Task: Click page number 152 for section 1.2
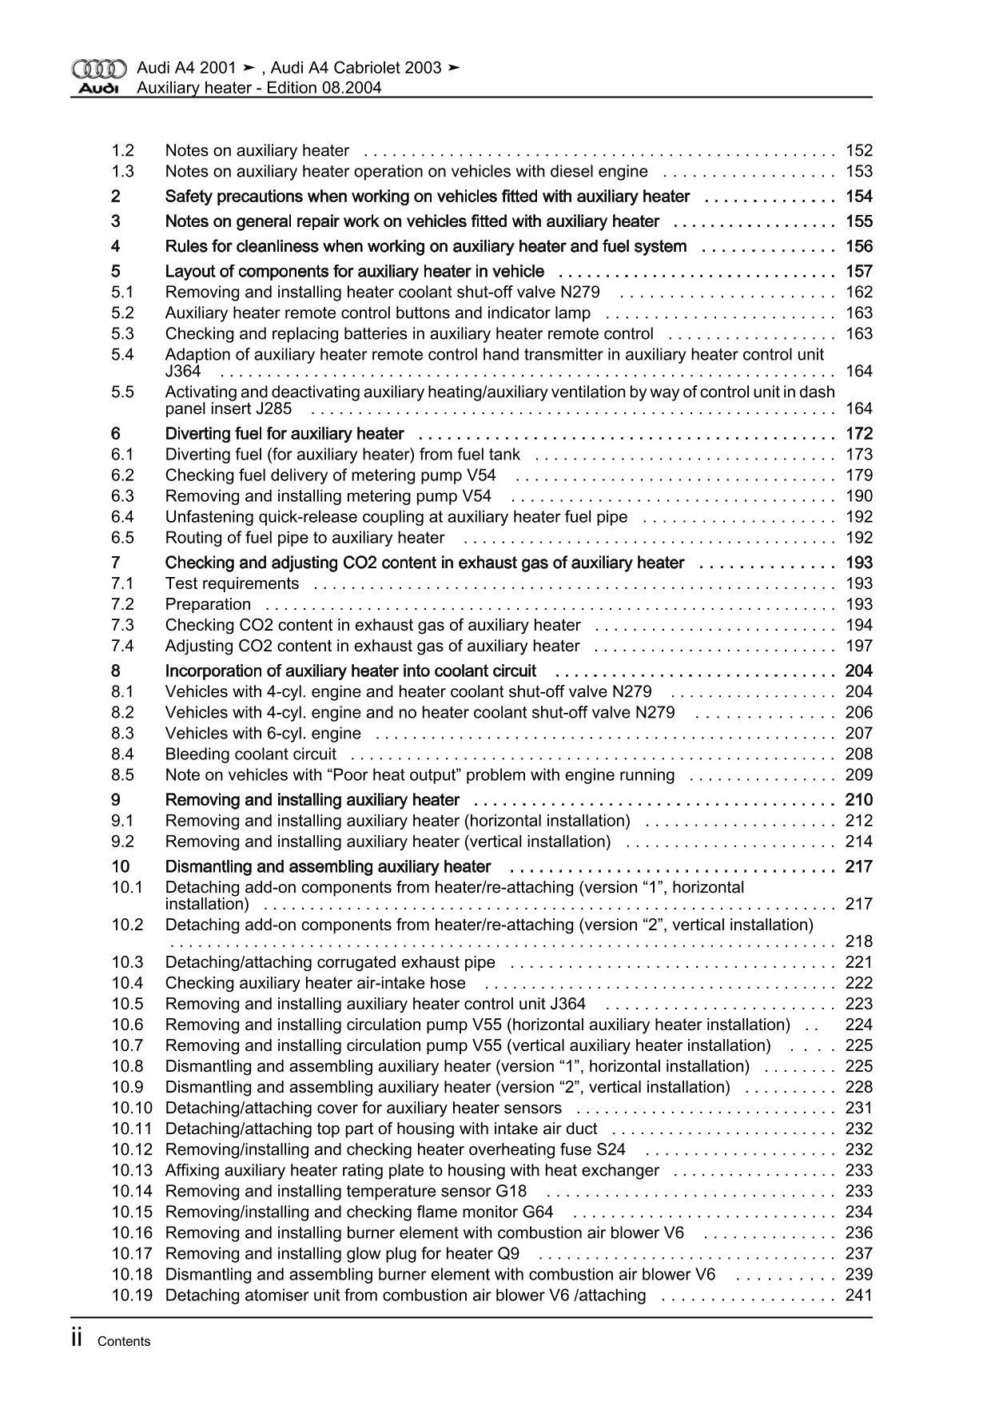pyautogui.click(x=858, y=150)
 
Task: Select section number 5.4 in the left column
pyautogui.click(x=123, y=354)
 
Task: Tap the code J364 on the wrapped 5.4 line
pyautogui.click(x=183, y=371)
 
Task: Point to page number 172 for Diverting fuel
pyautogui.click(x=858, y=434)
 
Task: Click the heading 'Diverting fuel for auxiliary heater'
pyautogui.click(x=285, y=434)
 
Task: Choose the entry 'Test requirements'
pyautogui.click(x=232, y=583)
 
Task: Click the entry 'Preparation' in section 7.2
pyautogui.click(x=208, y=604)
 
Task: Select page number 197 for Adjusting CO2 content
pyautogui.click(x=858, y=646)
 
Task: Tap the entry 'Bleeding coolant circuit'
pyautogui.click(x=251, y=754)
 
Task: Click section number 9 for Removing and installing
pyautogui.click(x=117, y=800)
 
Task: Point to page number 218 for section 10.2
pyautogui.click(x=858, y=941)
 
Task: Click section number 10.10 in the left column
pyautogui.click(x=132, y=1108)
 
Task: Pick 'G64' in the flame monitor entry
pyautogui.click(x=538, y=1212)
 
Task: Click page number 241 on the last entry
pyautogui.click(x=858, y=1295)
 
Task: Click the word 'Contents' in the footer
pyautogui.click(x=124, y=1342)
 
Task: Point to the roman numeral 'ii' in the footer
pyautogui.click(x=78, y=1339)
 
